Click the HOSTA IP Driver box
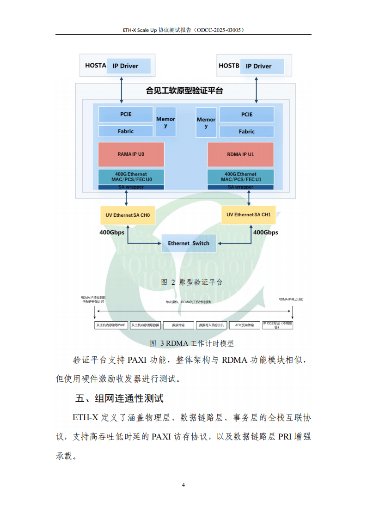click(x=128, y=66)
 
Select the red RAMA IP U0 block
click(x=131, y=154)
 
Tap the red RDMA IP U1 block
click(x=240, y=154)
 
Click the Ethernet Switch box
click(x=189, y=243)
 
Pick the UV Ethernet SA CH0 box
click(x=128, y=215)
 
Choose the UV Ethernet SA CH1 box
click(x=248, y=214)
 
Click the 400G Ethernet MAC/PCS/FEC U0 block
click(x=131, y=177)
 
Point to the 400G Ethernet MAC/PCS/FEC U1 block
click(x=240, y=177)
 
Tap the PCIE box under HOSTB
click(x=246, y=114)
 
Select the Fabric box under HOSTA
click(x=125, y=131)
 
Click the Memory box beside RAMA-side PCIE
click(x=165, y=122)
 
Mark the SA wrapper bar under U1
click(x=240, y=187)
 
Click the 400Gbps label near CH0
click(x=112, y=232)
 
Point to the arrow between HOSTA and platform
click(x=122, y=90)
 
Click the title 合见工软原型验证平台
click(x=184, y=91)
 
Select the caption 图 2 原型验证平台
click(x=191, y=282)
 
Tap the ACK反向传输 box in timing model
click(x=245, y=325)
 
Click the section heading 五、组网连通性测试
click(x=119, y=398)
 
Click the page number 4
click(x=183, y=485)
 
